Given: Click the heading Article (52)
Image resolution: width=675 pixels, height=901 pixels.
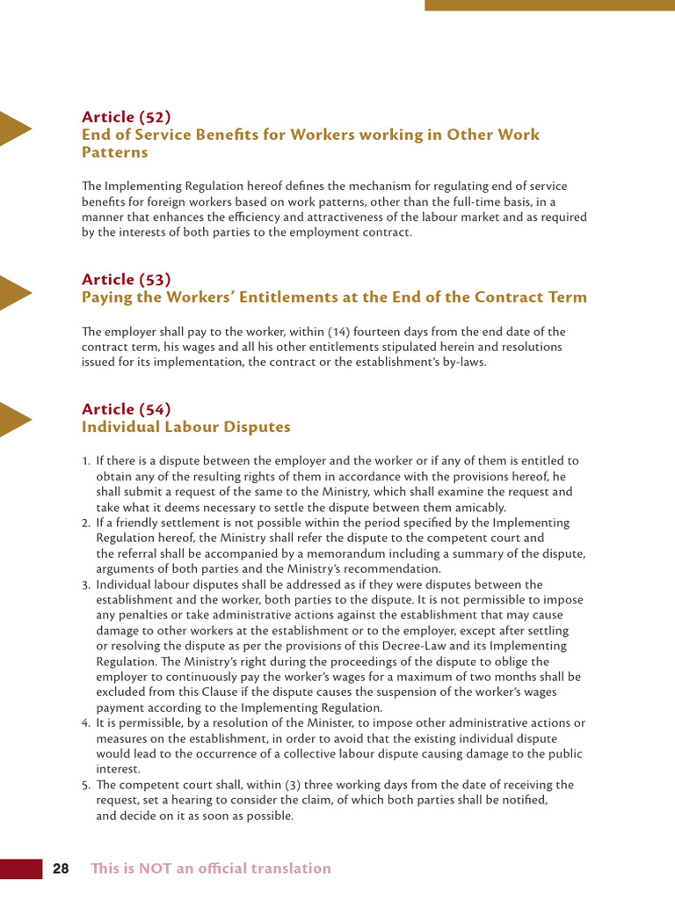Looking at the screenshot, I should coord(126,117).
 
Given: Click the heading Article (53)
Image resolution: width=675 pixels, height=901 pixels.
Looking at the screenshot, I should coord(126,280).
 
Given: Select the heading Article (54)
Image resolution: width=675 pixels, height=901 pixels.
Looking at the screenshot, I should coord(126,409).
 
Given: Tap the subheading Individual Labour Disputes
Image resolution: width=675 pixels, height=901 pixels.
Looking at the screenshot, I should coord(185,428).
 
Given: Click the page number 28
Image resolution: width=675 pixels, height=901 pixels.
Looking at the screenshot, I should coord(61,868).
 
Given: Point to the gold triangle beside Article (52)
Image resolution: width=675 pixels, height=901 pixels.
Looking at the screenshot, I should coord(14,128).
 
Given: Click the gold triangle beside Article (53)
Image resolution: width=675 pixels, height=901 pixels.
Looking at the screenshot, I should coord(14,291).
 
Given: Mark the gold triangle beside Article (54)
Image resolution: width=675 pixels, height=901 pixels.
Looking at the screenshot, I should coord(14,420).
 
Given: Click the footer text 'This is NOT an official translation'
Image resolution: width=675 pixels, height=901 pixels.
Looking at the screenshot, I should coord(211,868).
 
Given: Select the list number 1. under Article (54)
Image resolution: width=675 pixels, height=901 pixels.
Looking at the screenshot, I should coord(86,461).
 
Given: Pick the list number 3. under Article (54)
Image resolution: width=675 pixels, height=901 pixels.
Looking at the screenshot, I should coord(86,585).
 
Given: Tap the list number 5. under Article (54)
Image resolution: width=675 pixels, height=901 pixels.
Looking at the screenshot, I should coord(86,785).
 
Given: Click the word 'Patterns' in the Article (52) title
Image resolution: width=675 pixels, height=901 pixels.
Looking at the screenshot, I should coord(115,153).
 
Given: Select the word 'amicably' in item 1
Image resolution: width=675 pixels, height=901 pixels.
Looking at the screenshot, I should coord(482,508).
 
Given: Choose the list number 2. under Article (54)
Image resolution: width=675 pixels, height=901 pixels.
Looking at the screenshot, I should coord(86,524).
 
